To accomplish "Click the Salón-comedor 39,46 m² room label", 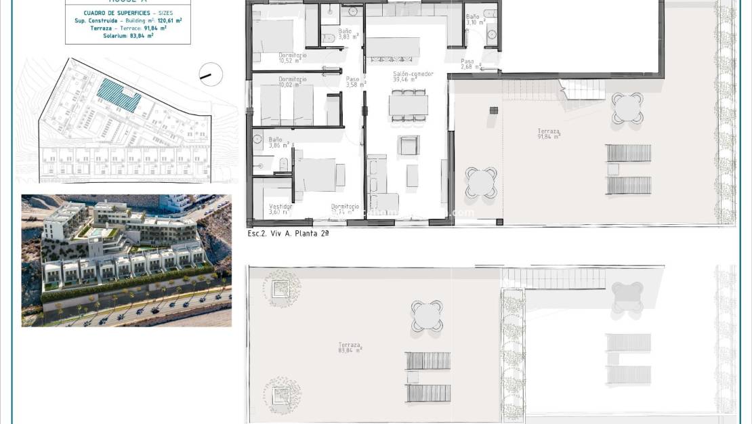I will click(413, 77).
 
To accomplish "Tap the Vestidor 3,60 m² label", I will click(280, 209).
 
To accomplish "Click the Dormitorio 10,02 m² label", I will click(292, 82).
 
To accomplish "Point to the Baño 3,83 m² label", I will click(345, 34).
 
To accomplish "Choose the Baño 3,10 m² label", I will click(475, 19).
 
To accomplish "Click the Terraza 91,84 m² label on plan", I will click(549, 133).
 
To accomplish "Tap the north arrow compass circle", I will click(211, 74).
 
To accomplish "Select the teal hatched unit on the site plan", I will click(119, 95).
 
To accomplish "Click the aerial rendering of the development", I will click(126, 261).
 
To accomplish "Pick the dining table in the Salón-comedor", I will click(408, 105).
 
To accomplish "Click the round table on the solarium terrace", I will click(427, 316).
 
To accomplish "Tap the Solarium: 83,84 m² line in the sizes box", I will click(128, 36).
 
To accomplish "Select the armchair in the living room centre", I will click(409, 145).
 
